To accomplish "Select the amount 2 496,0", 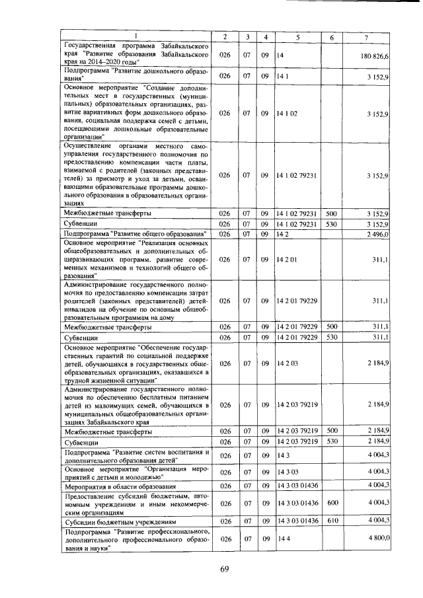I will pyautogui.click(x=377, y=233).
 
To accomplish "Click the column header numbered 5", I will pyautogui.click(x=297, y=36).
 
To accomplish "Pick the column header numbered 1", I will pyautogui.click(x=137, y=36).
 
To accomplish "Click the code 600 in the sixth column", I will pyautogui.click(x=332, y=503).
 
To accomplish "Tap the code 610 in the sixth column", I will pyautogui.click(x=332, y=521).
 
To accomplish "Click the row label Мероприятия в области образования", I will pyautogui.click(x=112, y=486).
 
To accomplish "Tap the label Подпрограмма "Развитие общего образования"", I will pyautogui.click(x=136, y=233).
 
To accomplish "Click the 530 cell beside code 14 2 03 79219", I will pyautogui.click(x=332, y=441).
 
